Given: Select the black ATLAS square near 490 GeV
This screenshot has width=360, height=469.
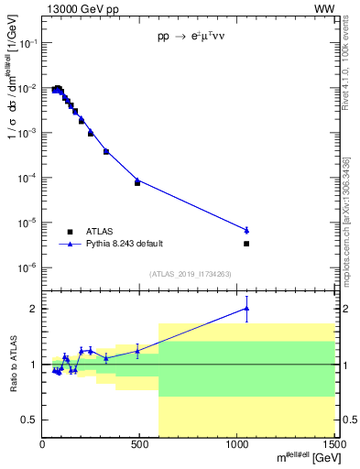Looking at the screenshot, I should coord(137,183).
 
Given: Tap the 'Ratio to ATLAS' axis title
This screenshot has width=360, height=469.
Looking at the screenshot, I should coord(12,364).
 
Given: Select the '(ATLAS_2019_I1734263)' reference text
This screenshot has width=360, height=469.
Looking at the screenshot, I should coord(189,273).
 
